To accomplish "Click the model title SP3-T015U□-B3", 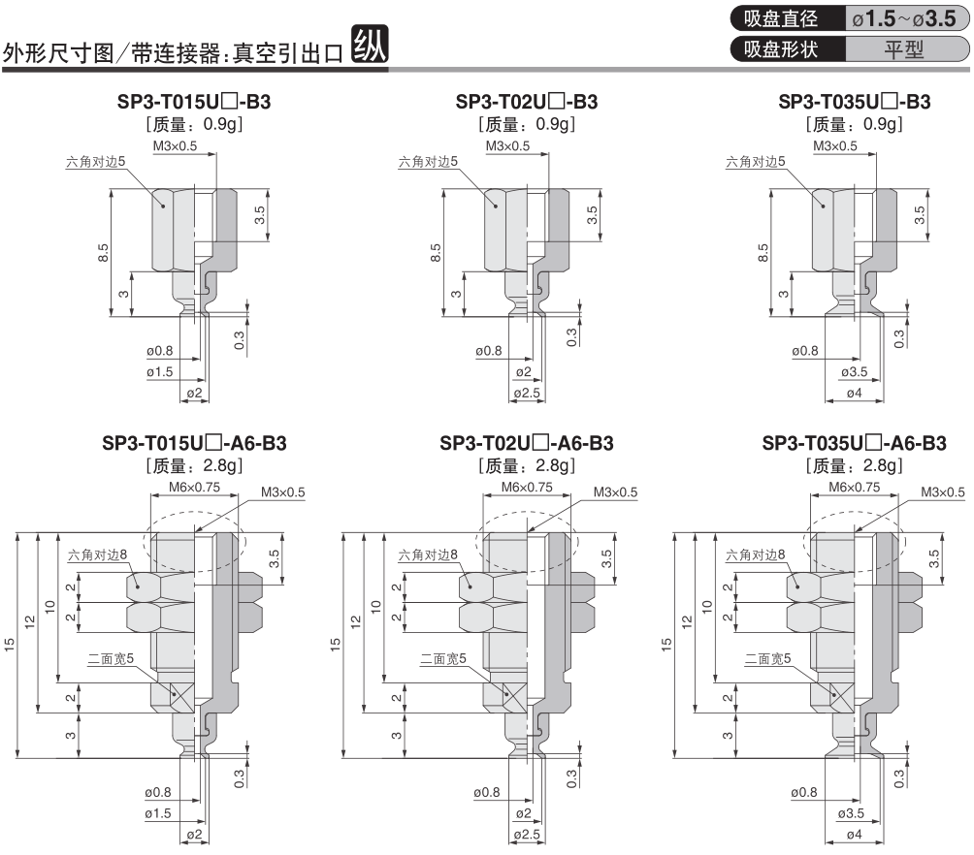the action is (x=194, y=102).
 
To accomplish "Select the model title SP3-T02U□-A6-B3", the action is (x=526, y=443).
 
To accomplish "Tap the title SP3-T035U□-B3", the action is (x=854, y=102).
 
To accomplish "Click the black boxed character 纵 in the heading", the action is (x=371, y=44).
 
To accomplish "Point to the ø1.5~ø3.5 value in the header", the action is (x=904, y=18).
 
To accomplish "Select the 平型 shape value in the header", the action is (x=904, y=49).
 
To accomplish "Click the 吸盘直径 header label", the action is (x=781, y=18).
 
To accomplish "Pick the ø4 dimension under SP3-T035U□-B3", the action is (x=854, y=393).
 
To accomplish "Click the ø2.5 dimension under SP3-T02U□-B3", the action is (x=527, y=393).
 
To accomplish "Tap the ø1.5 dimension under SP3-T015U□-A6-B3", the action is (x=158, y=813).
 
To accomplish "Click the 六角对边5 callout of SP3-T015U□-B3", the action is (x=96, y=162).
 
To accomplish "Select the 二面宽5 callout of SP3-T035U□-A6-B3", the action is (x=767, y=658).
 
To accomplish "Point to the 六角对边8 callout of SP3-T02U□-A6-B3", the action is (x=428, y=554).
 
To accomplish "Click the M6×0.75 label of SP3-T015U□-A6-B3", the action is (x=194, y=488).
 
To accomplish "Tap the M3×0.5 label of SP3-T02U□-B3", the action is (x=507, y=146).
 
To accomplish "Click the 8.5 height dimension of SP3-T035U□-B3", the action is (x=763, y=253).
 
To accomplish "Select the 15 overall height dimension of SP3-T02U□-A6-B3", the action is (x=336, y=645).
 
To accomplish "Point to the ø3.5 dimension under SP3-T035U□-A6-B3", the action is (x=851, y=813).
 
